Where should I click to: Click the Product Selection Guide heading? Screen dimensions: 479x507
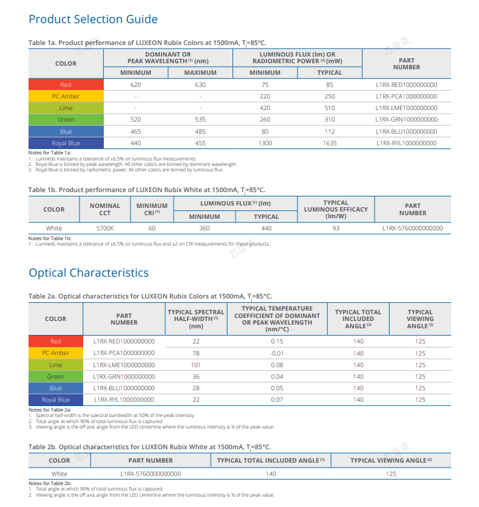pyautogui.click(x=93, y=19)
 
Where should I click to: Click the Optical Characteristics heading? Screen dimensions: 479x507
pyautogui.click(x=89, y=273)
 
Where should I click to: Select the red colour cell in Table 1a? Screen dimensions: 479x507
pyautogui.click(x=66, y=84)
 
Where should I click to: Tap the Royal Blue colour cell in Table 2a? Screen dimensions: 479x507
pyautogui.click(x=56, y=400)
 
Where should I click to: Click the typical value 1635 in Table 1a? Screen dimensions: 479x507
pyautogui.click(x=330, y=143)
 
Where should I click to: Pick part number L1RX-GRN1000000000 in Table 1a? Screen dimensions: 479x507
pyautogui.click(x=406, y=120)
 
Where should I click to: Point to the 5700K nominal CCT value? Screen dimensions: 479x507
pyautogui.click(x=105, y=229)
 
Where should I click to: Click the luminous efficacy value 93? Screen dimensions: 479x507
pyautogui.click(x=336, y=229)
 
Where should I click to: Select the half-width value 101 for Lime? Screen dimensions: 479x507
pyautogui.click(x=195, y=365)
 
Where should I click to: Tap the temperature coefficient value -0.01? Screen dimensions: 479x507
pyautogui.click(x=277, y=353)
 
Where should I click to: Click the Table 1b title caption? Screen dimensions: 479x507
pyautogui.click(x=147, y=190)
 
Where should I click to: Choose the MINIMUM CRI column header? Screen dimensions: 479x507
pyautogui.click(x=152, y=209)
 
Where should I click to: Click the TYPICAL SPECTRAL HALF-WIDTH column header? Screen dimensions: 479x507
pyautogui.click(x=195, y=319)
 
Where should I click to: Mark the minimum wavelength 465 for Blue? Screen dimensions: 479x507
pyautogui.click(x=135, y=131)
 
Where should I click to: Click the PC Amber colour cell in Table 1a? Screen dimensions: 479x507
pyautogui.click(x=66, y=97)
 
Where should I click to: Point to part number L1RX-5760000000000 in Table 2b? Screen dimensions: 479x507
pyautogui.click(x=151, y=474)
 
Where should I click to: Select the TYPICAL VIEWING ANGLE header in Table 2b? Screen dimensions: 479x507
pyautogui.click(x=391, y=460)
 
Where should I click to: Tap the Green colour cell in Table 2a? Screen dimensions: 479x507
pyautogui.click(x=56, y=377)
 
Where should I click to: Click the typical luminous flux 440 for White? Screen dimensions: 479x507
pyautogui.click(x=266, y=229)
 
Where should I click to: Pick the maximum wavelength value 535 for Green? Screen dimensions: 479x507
pyautogui.click(x=200, y=120)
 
